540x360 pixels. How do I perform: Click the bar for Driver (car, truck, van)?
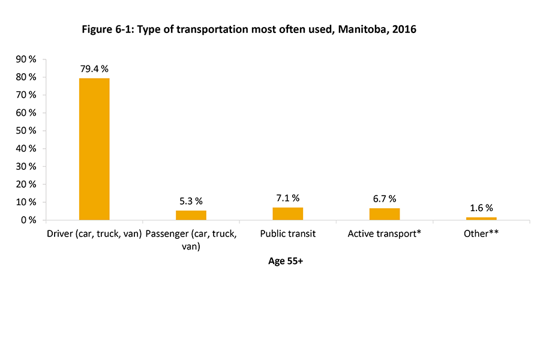[x=94, y=149]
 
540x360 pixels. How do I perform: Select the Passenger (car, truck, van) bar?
[x=191, y=215]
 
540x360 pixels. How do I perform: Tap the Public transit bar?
[x=288, y=214]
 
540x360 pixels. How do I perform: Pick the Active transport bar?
[x=385, y=214]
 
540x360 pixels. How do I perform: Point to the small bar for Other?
[x=481, y=218]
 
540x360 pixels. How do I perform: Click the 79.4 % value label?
[x=94, y=69]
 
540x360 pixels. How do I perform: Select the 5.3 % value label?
[x=191, y=202]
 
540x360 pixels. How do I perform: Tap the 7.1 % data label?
[x=288, y=198]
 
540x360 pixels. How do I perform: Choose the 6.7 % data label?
[x=385, y=199]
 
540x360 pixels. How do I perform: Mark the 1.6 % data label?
[x=481, y=208]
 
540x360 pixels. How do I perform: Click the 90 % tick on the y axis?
[x=27, y=59]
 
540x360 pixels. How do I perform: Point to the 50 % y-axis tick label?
[x=27, y=131]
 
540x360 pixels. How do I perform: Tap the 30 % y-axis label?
[x=27, y=166]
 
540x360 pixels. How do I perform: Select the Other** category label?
[x=481, y=233]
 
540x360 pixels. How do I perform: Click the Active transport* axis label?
[x=385, y=233]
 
